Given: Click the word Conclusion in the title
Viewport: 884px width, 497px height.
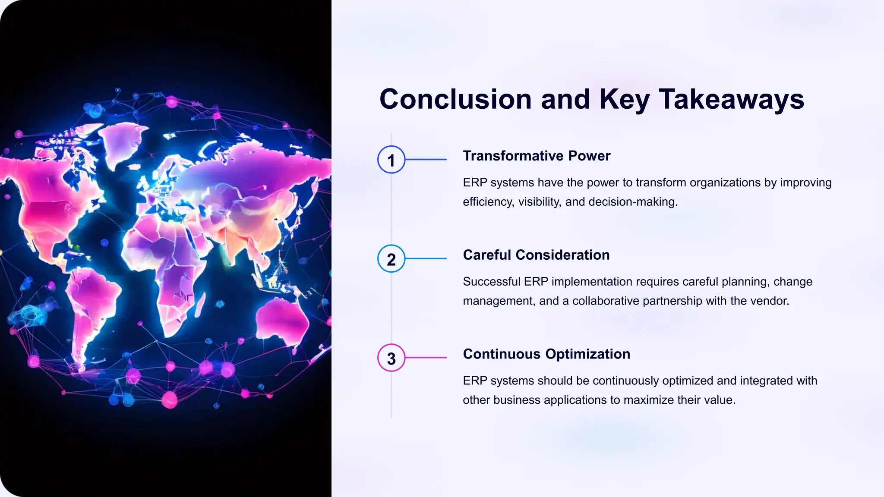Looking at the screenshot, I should tap(455, 99).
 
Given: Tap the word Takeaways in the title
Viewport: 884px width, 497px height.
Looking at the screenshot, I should tap(731, 99).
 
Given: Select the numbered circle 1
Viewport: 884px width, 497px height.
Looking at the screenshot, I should tap(391, 160).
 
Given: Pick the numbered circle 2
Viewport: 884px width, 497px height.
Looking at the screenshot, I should tap(391, 259).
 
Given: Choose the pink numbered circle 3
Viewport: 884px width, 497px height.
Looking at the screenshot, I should tap(391, 358).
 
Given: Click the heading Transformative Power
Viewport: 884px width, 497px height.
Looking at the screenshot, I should tap(537, 156).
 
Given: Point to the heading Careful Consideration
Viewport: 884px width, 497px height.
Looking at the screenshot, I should tap(536, 255).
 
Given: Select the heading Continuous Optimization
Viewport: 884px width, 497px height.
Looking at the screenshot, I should tap(546, 354).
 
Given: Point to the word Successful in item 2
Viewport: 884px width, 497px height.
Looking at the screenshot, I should tap(492, 282).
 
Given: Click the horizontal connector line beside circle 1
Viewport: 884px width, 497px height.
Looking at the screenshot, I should tap(426, 160).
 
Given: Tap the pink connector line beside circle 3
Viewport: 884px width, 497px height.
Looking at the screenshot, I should tap(426, 358).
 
